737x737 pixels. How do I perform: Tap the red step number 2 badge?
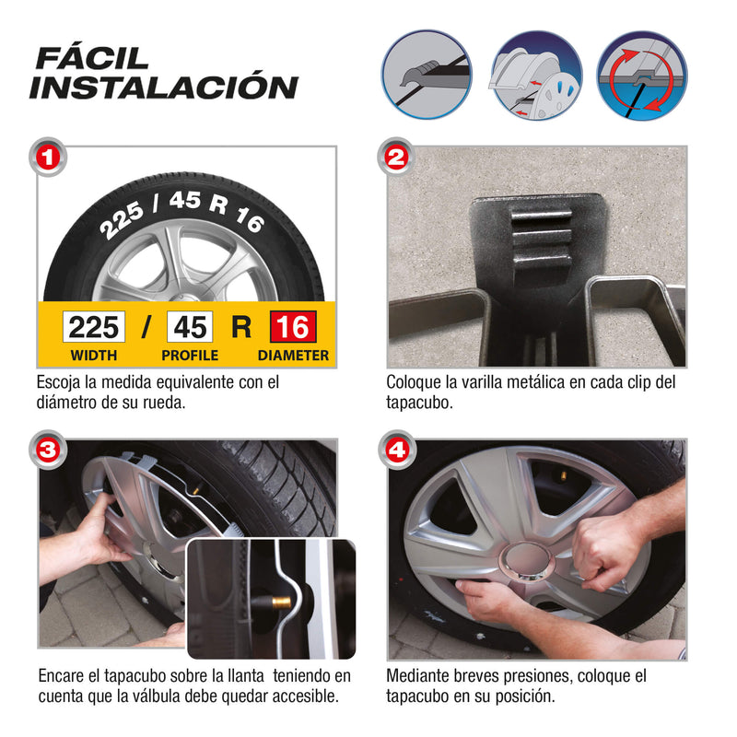pyautogui.click(x=396, y=157)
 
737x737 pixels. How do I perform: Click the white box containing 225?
pyautogui.click(x=94, y=327)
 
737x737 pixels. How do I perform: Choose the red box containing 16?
pyautogui.click(x=292, y=327)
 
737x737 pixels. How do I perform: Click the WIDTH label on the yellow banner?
pyautogui.click(x=93, y=356)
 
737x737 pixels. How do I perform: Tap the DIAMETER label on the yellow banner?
pyautogui.click(x=293, y=356)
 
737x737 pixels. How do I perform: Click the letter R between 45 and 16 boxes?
pyautogui.click(x=240, y=327)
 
